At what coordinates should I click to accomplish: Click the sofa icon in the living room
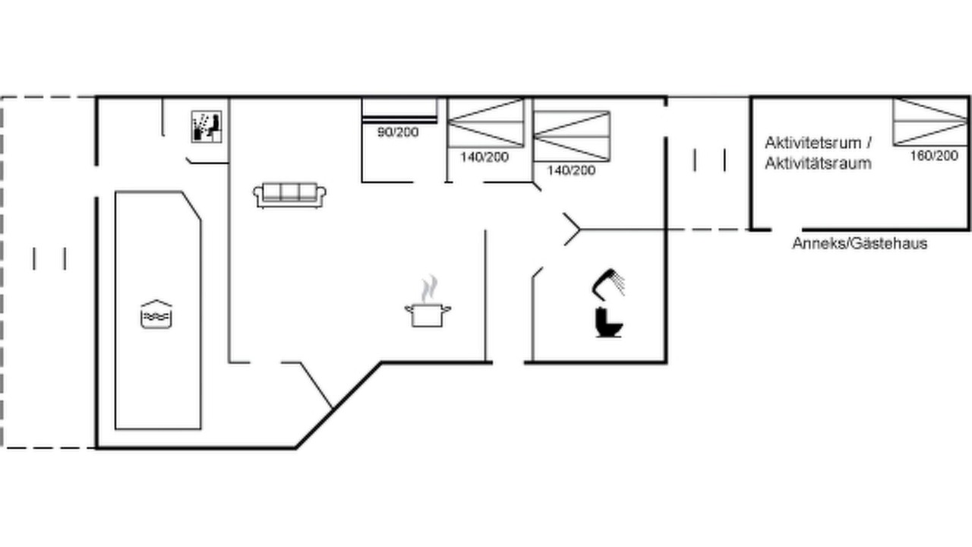tap(290, 195)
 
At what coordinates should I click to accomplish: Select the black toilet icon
tap(608, 321)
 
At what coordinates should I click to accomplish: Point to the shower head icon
tap(608, 283)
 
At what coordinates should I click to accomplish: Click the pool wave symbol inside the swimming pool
tap(156, 315)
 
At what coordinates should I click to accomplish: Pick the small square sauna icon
tap(207, 126)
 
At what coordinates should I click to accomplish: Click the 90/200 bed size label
tap(398, 132)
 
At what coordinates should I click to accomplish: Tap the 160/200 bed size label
tap(934, 156)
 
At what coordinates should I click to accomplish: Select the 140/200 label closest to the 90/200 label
tap(484, 157)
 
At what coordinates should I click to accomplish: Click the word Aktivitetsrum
tap(813, 142)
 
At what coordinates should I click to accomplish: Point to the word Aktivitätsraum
tap(818, 163)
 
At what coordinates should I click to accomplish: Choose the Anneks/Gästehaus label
tap(860, 244)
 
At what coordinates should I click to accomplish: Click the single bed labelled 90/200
tap(399, 111)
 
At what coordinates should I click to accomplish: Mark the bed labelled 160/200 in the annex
tap(930, 122)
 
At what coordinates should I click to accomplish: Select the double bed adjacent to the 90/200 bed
tap(486, 123)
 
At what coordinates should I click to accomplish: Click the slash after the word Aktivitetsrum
tap(868, 142)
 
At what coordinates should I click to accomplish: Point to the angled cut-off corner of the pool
tap(191, 206)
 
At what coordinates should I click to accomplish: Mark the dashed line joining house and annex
tap(709, 229)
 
